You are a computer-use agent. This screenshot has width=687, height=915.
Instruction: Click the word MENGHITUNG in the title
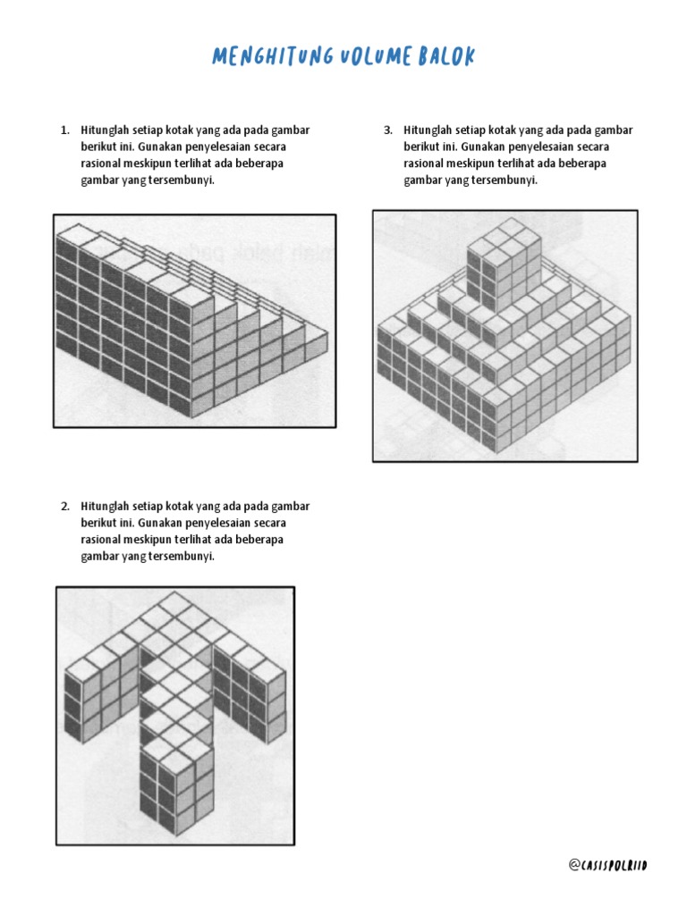(273, 56)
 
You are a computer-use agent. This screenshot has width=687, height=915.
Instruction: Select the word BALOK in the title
(446, 56)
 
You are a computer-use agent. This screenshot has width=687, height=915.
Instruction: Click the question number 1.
(64, 130)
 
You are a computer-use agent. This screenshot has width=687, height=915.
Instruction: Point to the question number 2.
(64, 507)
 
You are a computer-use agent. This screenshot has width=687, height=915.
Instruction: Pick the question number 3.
(388, 130)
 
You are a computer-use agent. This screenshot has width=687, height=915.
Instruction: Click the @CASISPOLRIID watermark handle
(607, 865)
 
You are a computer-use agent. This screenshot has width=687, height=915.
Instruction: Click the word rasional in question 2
(101, 540)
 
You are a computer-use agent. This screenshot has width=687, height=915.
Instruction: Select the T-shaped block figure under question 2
(174, 713)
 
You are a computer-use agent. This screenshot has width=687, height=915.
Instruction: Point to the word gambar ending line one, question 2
(291, 507)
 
